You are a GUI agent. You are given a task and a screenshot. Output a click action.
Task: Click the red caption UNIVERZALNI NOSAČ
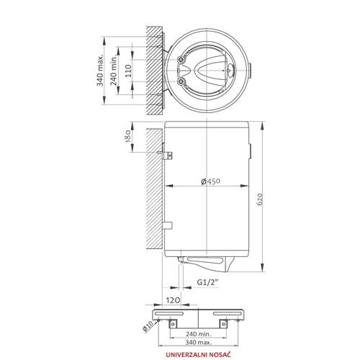(198, 354)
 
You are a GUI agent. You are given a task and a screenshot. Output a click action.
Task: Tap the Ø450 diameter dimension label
(210, 181)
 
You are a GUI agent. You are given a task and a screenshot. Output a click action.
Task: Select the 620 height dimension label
(260, 199)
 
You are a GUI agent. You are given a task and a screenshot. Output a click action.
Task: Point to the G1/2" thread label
(208, 282)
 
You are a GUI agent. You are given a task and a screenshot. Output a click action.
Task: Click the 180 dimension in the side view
(128, 136)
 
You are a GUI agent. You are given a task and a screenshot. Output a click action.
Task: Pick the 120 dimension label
(173, 300)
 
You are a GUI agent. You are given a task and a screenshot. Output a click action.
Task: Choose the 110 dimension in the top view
(128, 71)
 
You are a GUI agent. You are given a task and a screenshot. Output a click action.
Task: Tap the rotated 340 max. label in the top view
(100, 70)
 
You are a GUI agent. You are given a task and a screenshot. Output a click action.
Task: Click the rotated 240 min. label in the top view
(114, 70)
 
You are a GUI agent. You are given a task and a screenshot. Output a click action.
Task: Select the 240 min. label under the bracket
(198, 333)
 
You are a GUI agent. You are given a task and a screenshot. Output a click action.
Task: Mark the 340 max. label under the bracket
(198, 342)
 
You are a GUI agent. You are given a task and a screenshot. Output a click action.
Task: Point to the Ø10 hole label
(148, 326)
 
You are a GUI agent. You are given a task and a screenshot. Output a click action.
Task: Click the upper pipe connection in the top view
(181, 59)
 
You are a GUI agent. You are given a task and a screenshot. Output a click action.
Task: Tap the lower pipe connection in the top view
(181, 82)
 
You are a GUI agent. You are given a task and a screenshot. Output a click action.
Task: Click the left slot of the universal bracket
(169, 314)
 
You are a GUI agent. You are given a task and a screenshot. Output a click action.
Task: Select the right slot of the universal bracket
(228, 314)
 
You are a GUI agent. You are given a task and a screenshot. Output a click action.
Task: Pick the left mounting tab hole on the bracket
(173, 324)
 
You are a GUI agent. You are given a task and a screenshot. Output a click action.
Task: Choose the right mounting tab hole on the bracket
(224, 324)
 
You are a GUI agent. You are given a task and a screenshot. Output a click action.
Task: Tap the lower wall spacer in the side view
(168, 225)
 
